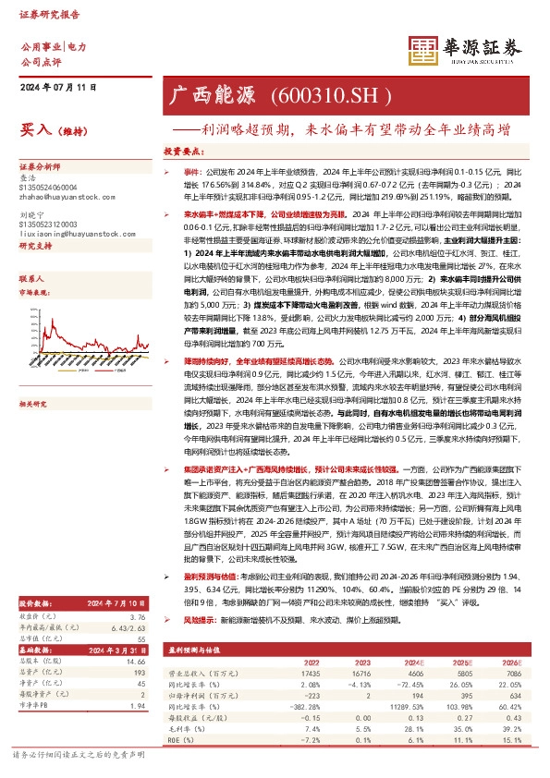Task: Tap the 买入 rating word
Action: point(35,132)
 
